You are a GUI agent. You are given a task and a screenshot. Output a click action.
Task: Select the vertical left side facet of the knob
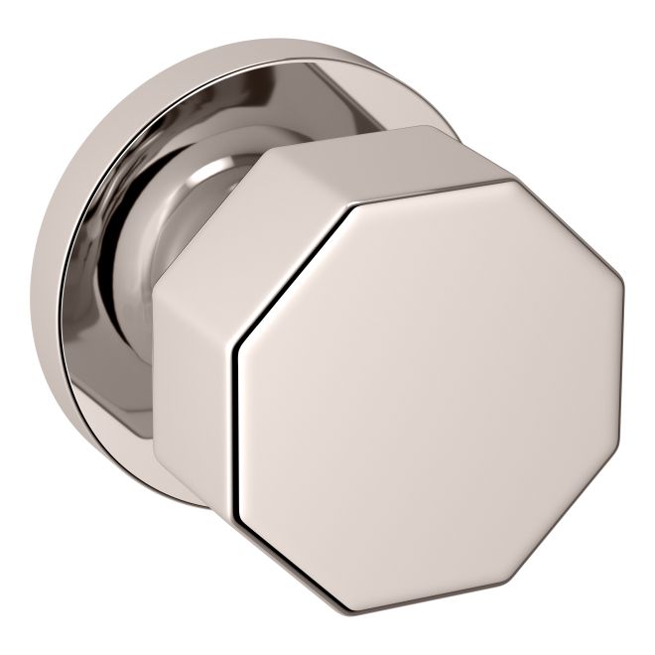(x=195, y=387)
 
